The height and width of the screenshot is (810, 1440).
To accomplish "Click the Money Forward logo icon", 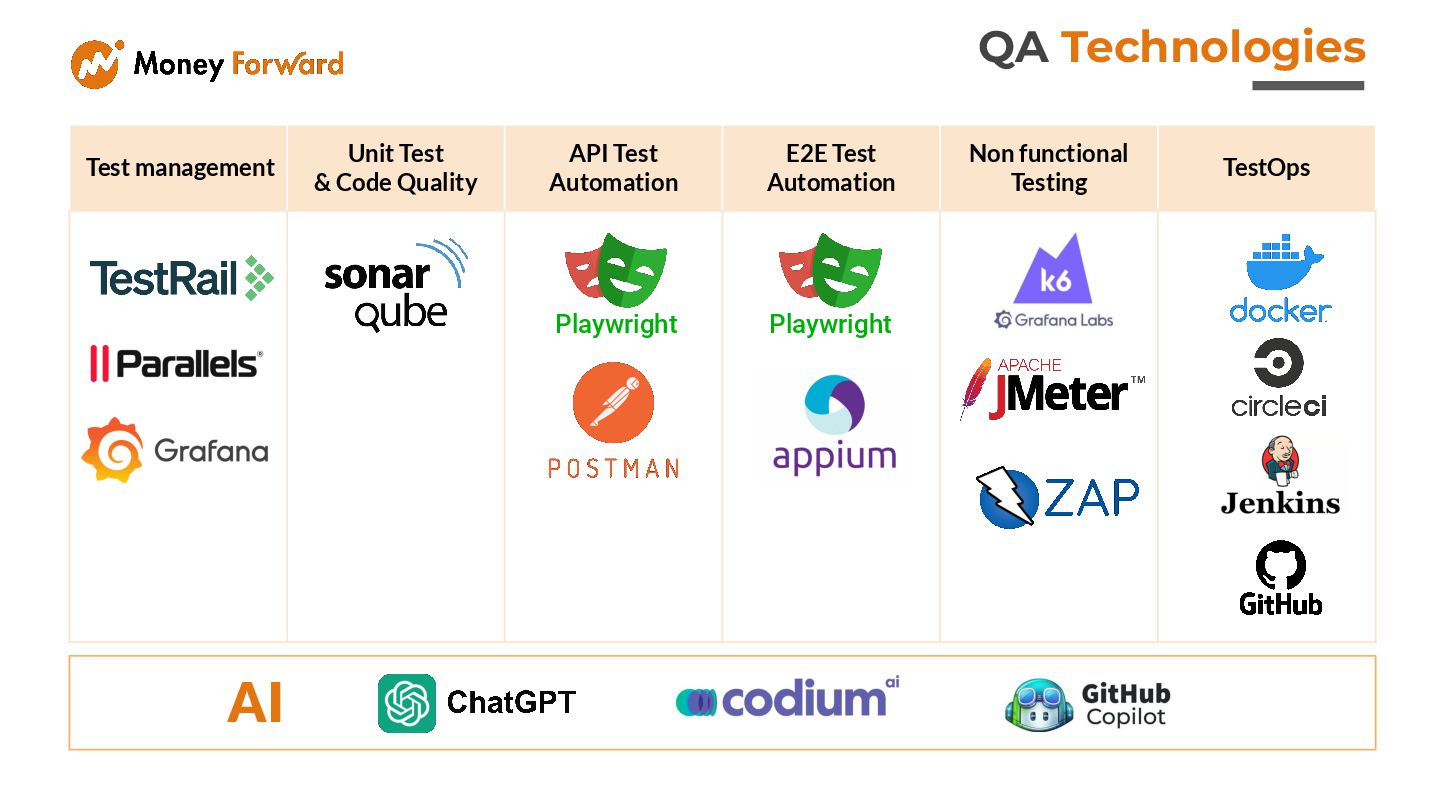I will [97, 64].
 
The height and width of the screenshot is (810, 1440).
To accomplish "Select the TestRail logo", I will [181, 278].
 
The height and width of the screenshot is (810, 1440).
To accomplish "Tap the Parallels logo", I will [176, 363].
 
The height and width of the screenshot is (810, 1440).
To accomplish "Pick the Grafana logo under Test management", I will [175, 450].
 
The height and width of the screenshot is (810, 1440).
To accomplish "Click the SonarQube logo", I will [395, 284].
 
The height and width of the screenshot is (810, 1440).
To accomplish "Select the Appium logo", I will [834, 425].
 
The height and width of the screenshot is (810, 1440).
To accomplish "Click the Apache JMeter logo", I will [1053, 389].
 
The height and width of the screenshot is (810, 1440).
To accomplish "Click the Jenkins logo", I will [1280, 476].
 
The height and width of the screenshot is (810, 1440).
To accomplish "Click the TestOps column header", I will [1266, 168].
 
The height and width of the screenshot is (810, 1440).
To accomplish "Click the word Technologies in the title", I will [1213, 48].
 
